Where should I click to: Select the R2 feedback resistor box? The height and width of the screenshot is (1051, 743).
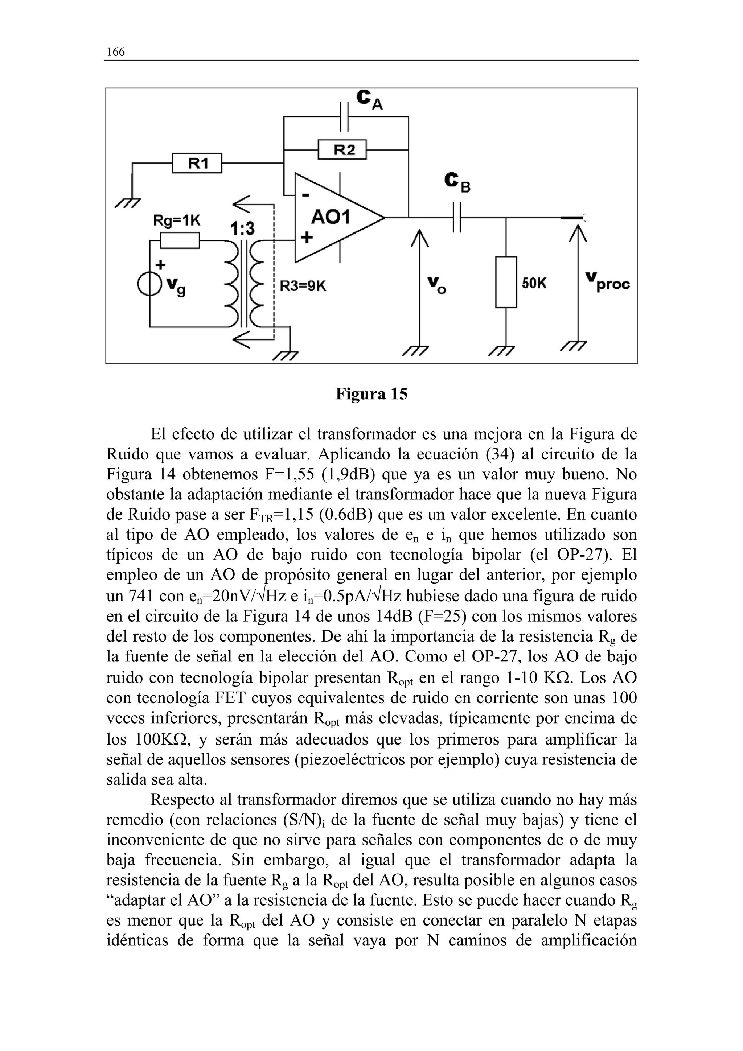tap(342, 149)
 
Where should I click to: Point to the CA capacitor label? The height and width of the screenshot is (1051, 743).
tap(369, 100)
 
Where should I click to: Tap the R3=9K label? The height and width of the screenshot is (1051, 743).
tap(303, 286)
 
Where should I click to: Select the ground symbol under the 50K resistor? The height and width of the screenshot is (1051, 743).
tap(502, 350)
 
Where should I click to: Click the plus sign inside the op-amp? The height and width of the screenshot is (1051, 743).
tap(306, 238)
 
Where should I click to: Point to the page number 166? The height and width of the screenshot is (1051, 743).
tap(115, 52)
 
